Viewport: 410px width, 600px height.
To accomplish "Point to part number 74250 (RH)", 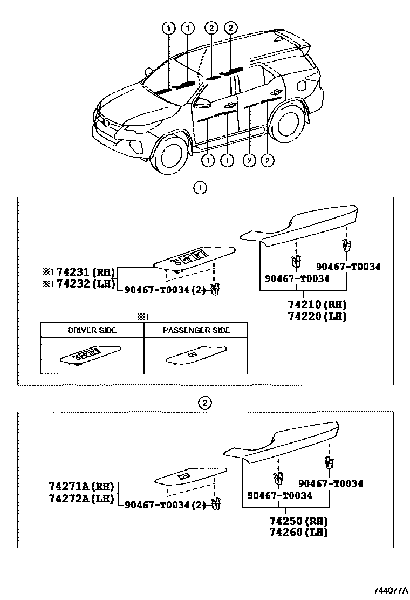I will tap(298, 521).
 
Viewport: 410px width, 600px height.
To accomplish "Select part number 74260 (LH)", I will tap(298, 533).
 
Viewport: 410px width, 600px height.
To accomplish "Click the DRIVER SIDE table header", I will tap(92, 330).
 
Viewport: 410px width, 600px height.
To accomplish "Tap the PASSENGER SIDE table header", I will tap(196, 330).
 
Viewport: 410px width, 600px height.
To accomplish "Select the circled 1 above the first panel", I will tap(200, 188).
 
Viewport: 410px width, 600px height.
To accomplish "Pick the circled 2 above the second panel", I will tap(204, 403).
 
